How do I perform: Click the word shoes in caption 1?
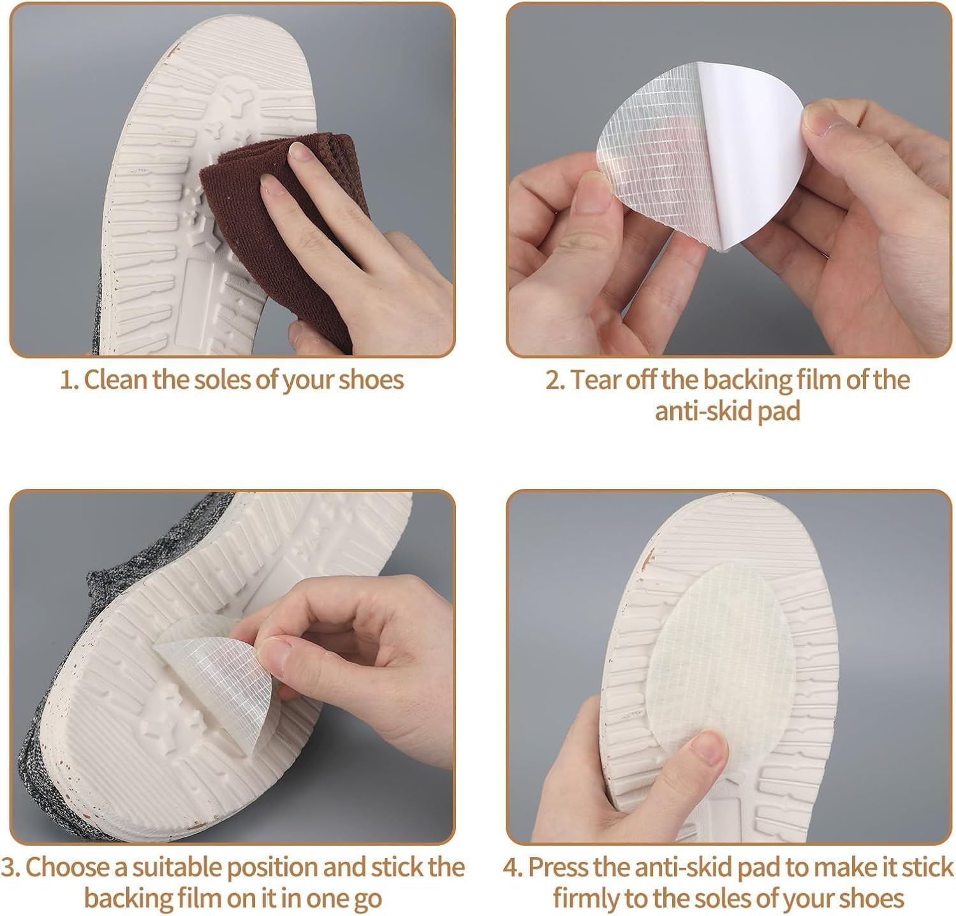[371, 380]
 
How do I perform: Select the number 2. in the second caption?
[555, 380]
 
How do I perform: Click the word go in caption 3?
[365, 899]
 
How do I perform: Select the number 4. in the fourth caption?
[513, 867]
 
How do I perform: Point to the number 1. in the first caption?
[68, 380]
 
